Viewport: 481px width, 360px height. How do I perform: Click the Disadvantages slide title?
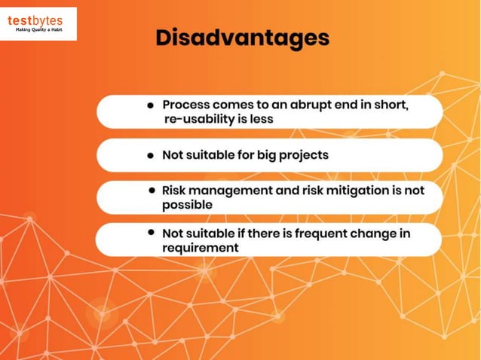click(242, 38)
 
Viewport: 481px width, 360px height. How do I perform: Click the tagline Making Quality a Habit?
click(41, 30)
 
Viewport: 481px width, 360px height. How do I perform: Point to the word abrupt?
click(314, 105)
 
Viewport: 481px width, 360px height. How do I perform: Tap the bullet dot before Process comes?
click(152, 105)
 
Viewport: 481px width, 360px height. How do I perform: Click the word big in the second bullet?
click(265, 155)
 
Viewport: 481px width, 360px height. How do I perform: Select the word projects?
click(304, 155)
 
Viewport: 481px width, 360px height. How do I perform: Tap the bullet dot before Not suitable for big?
click(152, 155)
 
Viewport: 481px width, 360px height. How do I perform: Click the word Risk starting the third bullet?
click(176, 191)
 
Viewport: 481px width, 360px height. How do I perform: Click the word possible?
click(187, 205)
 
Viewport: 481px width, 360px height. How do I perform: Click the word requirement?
click(201, 248)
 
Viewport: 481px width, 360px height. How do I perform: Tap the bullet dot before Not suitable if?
click(152, 233)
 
